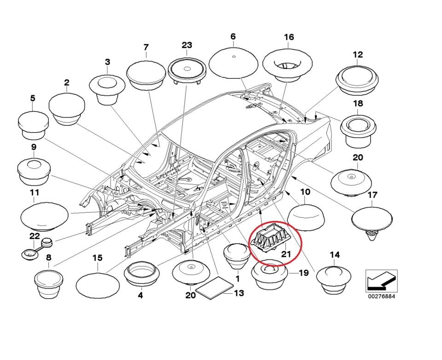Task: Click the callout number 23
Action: click(186, 45)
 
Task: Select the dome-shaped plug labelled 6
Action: click(233, 63)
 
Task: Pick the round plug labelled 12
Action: click(357, 80)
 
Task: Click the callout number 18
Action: click(358, 104)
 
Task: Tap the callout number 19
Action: click(302, 273)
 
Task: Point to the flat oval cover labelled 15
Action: click(97, 286)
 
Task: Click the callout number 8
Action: click(48, 258)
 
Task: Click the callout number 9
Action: click(34, 147)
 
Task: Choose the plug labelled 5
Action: click(33, 124)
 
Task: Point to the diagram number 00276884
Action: click(381, 296)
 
